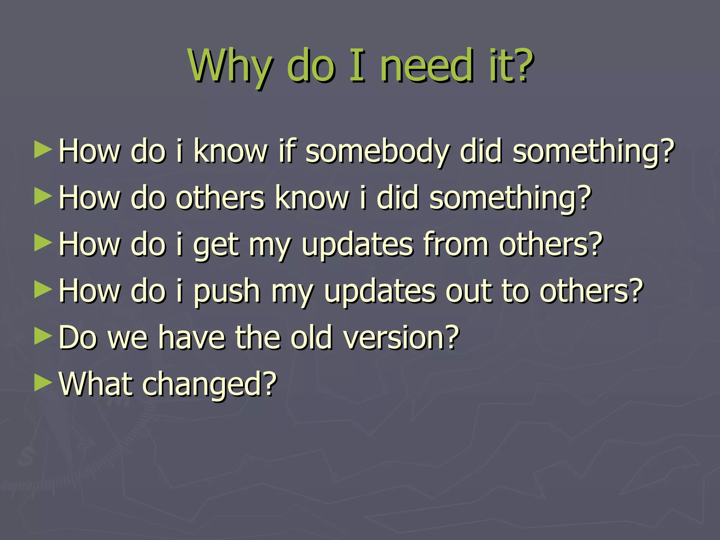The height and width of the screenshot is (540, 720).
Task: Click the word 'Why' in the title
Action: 230,67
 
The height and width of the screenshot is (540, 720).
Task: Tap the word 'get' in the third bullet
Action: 216,245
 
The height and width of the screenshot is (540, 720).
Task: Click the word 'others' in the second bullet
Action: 220,198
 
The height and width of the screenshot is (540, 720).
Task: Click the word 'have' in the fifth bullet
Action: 192,337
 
